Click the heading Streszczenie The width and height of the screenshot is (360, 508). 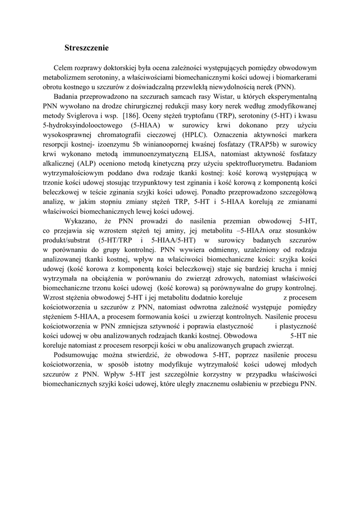(x=86, y=48)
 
